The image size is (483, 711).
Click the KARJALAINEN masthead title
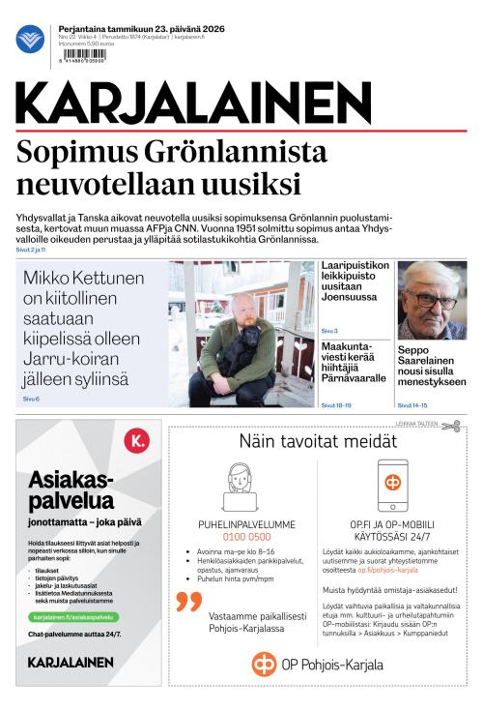pyautogui.click(x=193, y=103)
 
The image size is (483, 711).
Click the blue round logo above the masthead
pyautogui.click(x=30, y=40)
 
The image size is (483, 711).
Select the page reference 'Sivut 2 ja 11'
pyautogui.click(x=33, y=251)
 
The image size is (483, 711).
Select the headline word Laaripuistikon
pyautogui.click(x=355, y=266)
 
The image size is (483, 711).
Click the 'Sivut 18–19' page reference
pyautogui.click(x=336, y=405)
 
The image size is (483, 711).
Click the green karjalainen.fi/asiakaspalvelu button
pyautogui.click(x=72, y=616)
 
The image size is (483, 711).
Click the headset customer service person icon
pyautogui.click(x=239, y=487)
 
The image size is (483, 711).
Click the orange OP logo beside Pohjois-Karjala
pyautogui.click(x=264, y=664)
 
